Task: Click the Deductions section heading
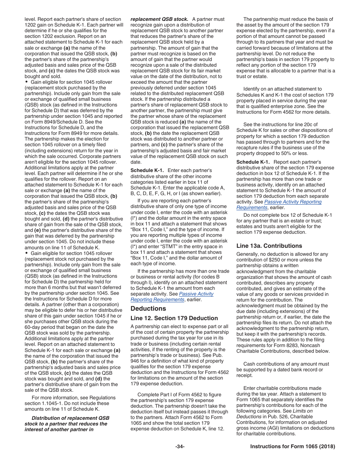(148, 308)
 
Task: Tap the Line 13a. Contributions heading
(269, 246)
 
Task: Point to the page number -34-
(180, 446)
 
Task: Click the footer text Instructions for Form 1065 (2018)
(293, 446)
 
